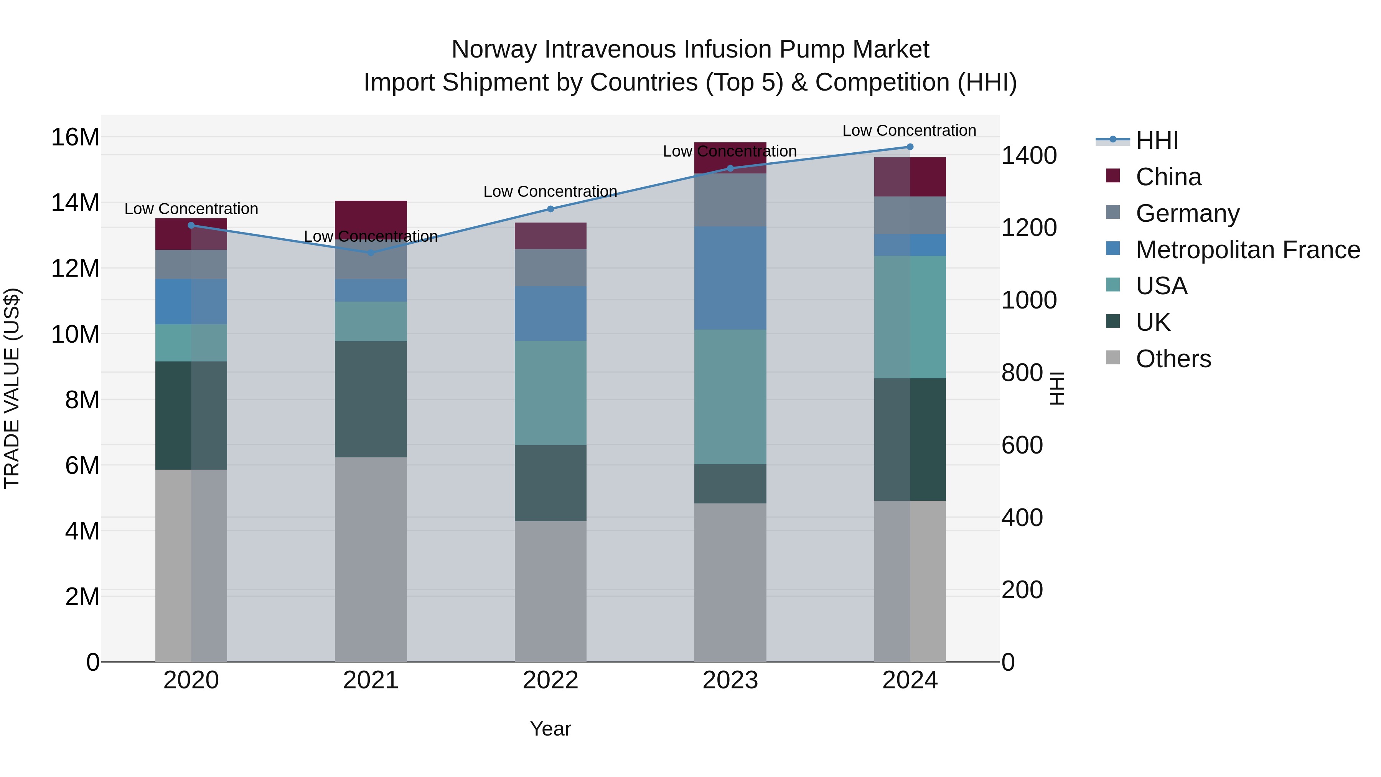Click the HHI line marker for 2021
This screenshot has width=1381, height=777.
[x=371, y=252]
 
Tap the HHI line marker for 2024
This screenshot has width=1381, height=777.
[x=910, y=147]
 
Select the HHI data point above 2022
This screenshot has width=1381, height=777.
[x=550, y=209]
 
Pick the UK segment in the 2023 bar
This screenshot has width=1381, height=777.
[x=730, y=484]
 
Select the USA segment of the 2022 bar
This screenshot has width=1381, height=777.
[x=550, y=393]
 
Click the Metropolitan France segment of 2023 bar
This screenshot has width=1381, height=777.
[x=730, y=278]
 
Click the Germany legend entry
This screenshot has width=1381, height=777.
[x=1187, y=213]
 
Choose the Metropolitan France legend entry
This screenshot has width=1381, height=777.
[x=1248, y=250]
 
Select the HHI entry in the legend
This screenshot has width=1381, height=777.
[x=1157, y=140]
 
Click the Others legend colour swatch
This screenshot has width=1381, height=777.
[x=1113, y=358]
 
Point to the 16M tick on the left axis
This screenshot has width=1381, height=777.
[x=75, y=137]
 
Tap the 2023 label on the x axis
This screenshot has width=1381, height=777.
[x=730, y=680]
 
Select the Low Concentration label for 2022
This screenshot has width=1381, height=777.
[x=550, y=191]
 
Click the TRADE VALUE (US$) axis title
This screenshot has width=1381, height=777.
[x=12, y=388]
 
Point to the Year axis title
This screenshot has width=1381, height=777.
[x=550, y=729]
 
